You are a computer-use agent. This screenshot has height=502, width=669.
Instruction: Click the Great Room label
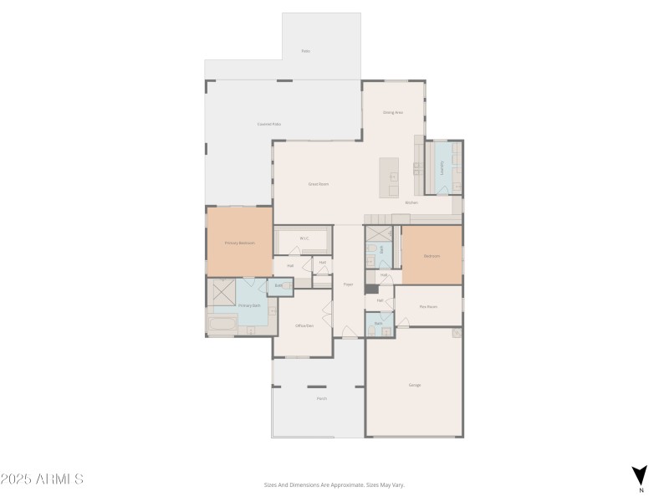318,183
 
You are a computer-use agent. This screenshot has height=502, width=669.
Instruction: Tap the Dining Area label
393,112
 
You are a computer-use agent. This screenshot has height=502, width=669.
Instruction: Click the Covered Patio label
268,124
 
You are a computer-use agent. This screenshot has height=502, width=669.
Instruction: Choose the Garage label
415,385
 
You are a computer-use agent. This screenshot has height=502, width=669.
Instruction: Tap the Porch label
322,398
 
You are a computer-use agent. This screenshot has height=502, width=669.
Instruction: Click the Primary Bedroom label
239,243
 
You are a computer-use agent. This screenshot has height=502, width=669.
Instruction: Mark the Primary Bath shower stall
222,290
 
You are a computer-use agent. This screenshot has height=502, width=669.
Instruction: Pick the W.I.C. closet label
304,238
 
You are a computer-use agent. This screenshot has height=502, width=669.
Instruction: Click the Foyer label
348,284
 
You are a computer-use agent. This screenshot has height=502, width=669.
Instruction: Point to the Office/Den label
304,325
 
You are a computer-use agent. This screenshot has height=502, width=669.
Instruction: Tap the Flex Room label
428,307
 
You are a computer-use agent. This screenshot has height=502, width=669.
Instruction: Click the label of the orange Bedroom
432,256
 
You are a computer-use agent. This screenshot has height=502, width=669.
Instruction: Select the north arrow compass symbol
640,474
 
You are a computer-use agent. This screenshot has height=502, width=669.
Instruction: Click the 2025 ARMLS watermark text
42,479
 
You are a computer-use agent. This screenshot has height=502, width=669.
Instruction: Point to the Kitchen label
411,202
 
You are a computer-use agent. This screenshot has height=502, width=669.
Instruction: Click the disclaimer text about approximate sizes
334,484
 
